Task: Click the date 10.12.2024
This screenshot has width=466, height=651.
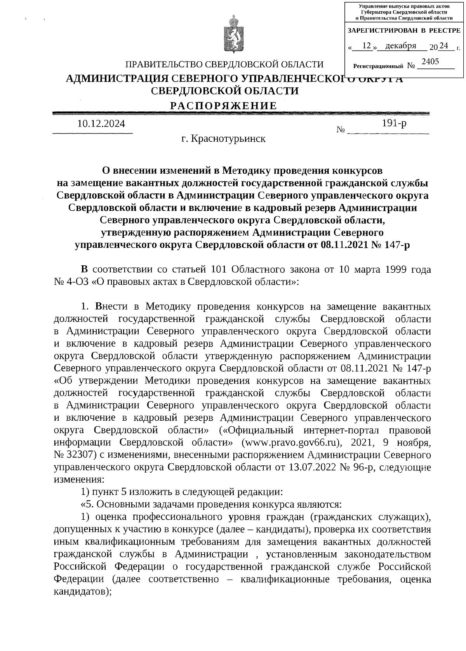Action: (101, 124)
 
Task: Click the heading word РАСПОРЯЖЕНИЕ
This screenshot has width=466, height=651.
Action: (224, 106)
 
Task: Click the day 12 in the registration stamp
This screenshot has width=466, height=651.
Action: (366, 46)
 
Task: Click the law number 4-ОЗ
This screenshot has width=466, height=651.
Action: (78, 282)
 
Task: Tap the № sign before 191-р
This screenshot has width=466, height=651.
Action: (341, 130)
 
